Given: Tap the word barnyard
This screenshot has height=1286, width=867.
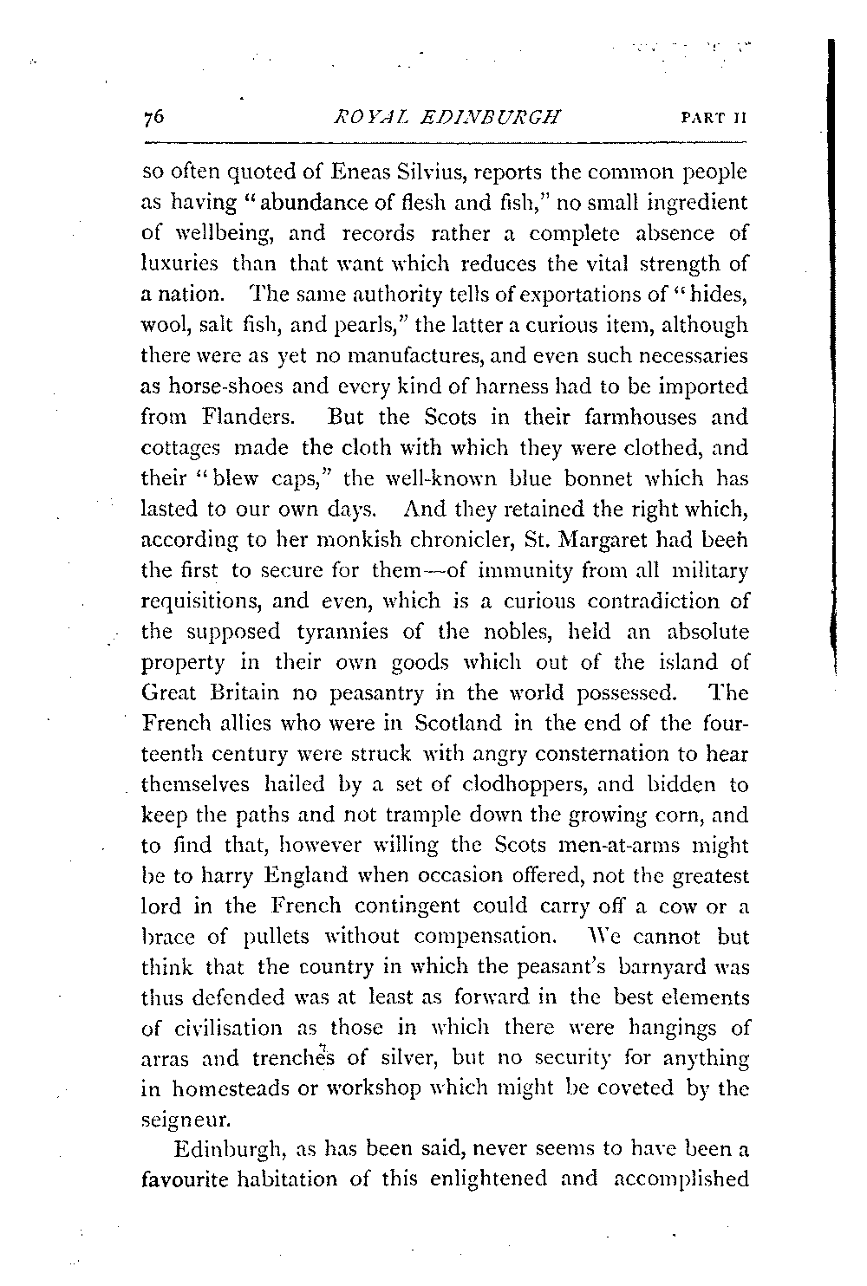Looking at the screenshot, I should click(x=651, y=967).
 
